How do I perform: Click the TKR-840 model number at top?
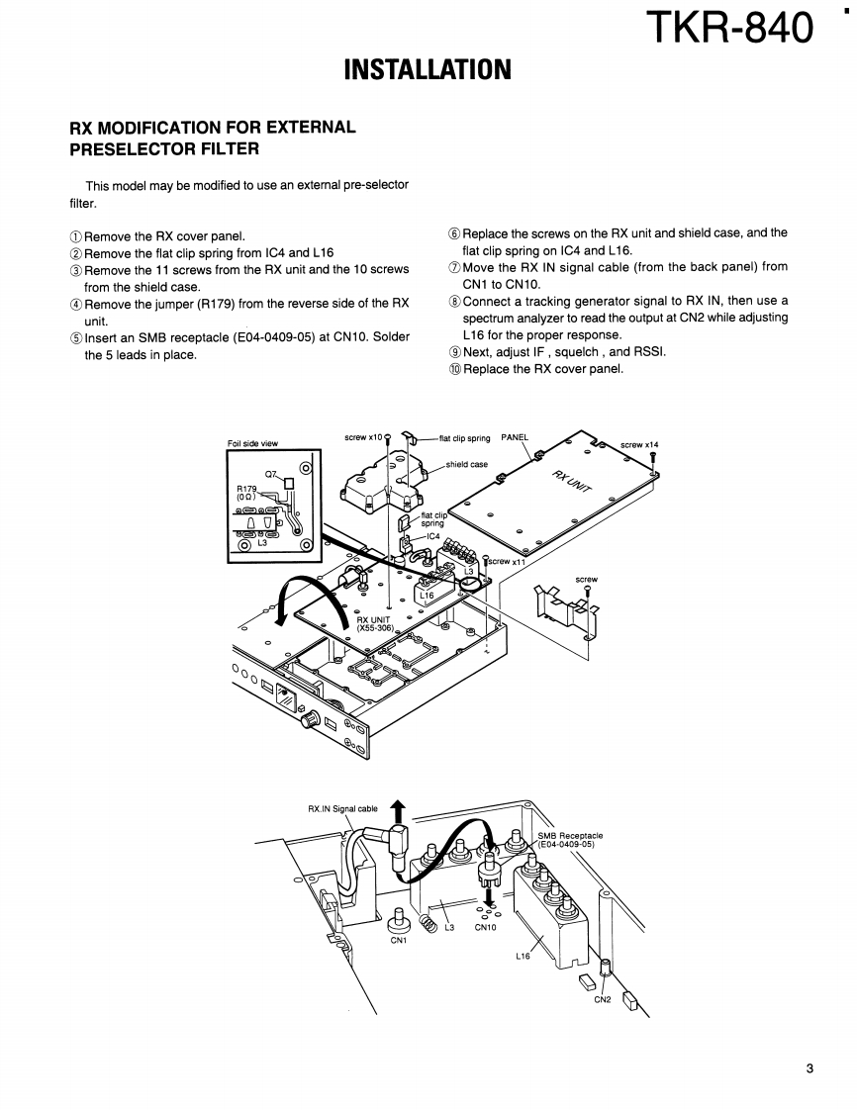[x=729, y=29]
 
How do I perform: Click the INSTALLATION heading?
[x=428, y=69]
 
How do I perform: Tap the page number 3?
[x=809, y=1068]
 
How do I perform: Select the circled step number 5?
[x=76, y=337]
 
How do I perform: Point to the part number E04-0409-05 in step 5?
[x=273, y=337]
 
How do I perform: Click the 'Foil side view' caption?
[x=253, y=443]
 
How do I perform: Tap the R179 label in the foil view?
[x=246, y=489]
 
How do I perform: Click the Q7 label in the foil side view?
[x=272, y=474]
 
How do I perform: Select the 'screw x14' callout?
[x=639, y=444]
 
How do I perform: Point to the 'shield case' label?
[x=467, y=464]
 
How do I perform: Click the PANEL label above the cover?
[x=515, y=437]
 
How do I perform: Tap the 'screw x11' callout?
[x=508, y=561]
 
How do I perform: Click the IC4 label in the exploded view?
[x=432, y=536]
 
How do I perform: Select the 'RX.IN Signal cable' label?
[x=342, y=808]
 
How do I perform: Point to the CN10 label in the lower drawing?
[x=486, y=927]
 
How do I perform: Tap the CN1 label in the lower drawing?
[x=399, y=941]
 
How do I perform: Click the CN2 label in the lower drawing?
[x=602, y=999]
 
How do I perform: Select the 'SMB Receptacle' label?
[x=570, y=835]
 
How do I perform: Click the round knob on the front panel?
[x=309, y=721]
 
